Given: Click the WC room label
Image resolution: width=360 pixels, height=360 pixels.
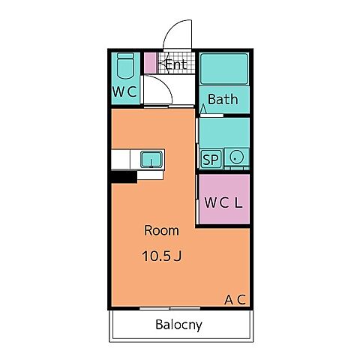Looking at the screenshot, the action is [124, 91].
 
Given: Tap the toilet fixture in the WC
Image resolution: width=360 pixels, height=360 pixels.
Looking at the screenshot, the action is [125, 66].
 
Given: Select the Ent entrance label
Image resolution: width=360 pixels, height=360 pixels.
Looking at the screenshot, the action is [176, 64].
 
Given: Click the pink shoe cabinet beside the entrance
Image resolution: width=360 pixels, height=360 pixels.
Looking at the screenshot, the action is [150, 63].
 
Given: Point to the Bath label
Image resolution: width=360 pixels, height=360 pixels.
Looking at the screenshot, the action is [223, 99].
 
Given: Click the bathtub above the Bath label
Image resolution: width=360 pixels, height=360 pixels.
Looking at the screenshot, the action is [224, 69].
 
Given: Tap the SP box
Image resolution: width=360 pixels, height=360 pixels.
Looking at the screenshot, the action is [211, 159].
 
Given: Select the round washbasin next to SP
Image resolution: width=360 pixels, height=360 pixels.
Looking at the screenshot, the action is [236, 157].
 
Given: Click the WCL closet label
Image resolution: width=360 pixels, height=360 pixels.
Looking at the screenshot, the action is [223, 202].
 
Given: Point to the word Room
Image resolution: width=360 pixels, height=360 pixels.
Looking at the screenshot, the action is [161, 230].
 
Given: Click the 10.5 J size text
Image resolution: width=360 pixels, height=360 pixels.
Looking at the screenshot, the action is [162, 256].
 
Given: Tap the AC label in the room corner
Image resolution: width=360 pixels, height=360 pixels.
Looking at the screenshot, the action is [235, 299].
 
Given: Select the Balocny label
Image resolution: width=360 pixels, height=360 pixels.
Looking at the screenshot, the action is [178, 325].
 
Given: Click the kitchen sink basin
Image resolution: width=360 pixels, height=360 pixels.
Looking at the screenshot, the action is [151, 160].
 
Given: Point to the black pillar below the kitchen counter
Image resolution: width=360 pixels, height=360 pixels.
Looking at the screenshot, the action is [124, 177].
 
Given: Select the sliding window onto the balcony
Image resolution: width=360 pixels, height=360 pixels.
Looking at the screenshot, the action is [169, 308].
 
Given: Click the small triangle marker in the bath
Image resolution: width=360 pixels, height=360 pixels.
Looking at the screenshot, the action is [203, 109].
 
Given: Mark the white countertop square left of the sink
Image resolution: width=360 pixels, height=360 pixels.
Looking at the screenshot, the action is [121, 159].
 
